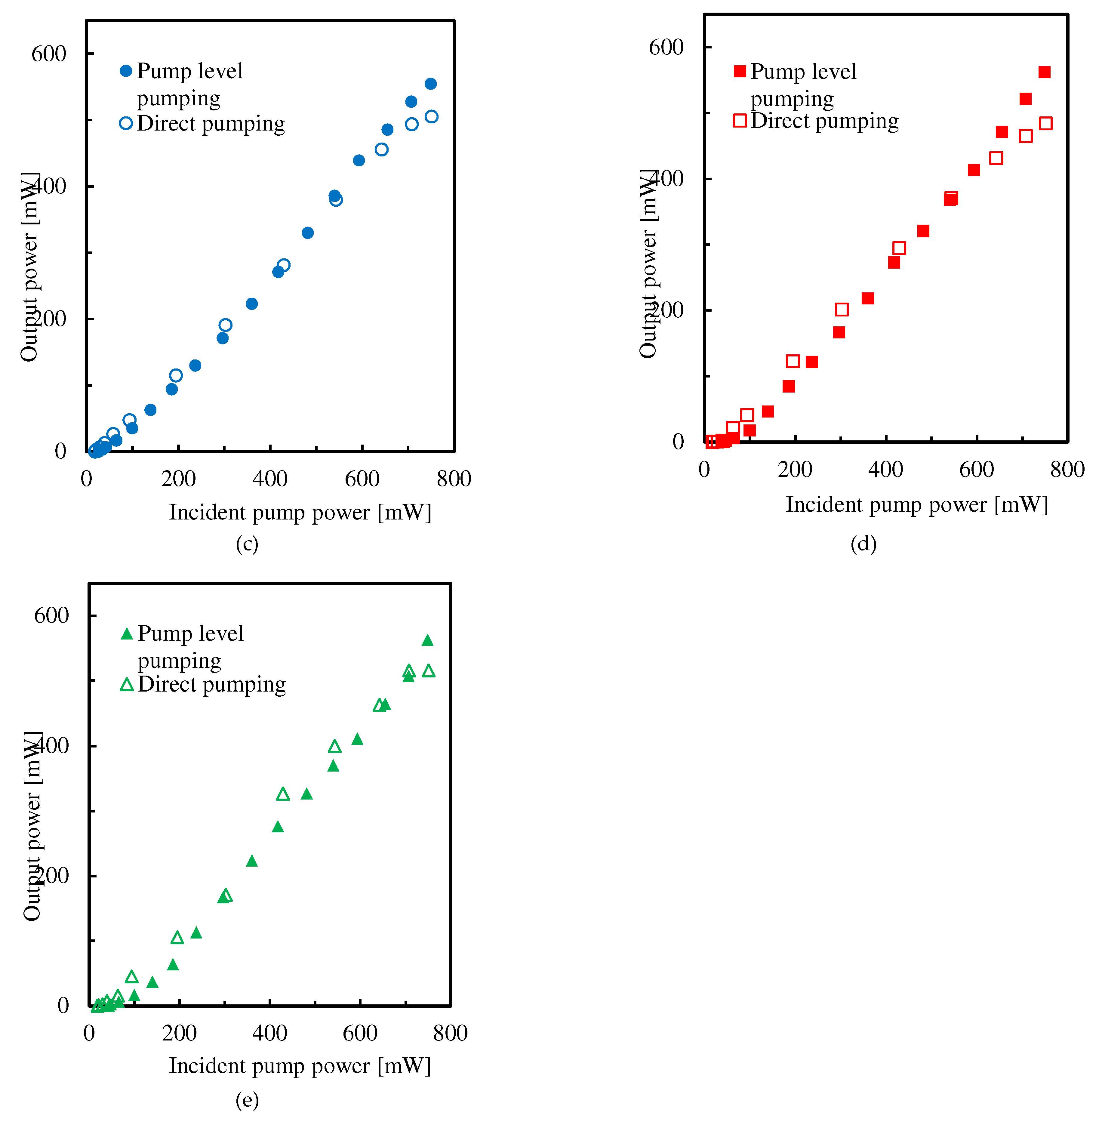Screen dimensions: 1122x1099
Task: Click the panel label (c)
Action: pyautogui.click(x=247, y=544)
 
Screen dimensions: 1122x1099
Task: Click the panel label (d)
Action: pyautogui.click(x=863, y=544)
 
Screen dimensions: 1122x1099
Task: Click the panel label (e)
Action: pyautogui.click(x=247, y=1100)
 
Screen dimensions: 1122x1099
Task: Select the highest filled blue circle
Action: pyautogui.click(x=431, y=84)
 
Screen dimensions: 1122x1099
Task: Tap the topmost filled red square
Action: pyautogui.click(x=1044, y=72)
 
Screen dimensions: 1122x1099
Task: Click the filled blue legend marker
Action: pyautogui.click(x=126, y=71)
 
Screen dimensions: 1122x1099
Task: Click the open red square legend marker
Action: pyautogui.click(x=740, y=121)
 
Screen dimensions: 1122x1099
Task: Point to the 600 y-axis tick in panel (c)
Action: pyautogui.click(x=48, y=54)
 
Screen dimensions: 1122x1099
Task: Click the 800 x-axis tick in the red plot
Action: pyautogui.click(x=1067, y=469)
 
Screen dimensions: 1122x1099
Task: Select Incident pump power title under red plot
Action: pyautogui.click(x=917, y=504)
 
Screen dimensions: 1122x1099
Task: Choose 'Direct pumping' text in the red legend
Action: pyautogui.click(x=824, y=121)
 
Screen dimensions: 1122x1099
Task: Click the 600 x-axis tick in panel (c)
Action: pyautogui.click(x=362, y=479)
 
